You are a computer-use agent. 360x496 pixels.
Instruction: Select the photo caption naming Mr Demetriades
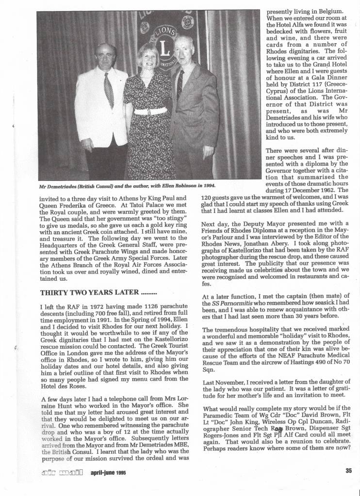[x=127, y=186]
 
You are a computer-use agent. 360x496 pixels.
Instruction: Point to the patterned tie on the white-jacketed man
[x=109, y=90]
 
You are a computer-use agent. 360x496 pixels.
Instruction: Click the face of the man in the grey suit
[x=184, y=50]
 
